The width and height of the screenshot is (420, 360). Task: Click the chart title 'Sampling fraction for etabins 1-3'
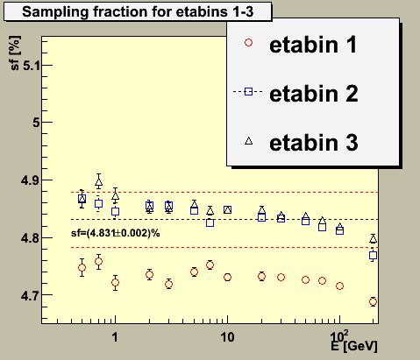pyautogui.click(x=138, y=11)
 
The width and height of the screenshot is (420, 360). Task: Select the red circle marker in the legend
pyautogui.click(x=249, y=43)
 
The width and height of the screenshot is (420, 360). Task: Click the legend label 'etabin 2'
pyautogui.click(x=314, y=94)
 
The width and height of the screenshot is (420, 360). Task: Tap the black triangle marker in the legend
pyautogui.click(x=249, y=141)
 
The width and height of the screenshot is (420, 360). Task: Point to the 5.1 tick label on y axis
pyautogui.click(x=31, y=66)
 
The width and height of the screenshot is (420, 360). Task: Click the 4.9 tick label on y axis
pyautogui.click(x=30, y=180)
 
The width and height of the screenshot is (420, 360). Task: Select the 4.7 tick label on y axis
pyautogui.click(x=30, y=296)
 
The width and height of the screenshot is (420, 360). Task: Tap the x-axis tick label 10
pyautogui.click(x=227, y=337)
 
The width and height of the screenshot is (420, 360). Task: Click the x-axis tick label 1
pyautogui.click(x=115, y=337)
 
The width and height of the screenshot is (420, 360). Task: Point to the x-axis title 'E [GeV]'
pyautogui.click(x=354, y=346)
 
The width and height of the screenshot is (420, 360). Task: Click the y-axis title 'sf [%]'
pyautogui.click(x=15, y=53)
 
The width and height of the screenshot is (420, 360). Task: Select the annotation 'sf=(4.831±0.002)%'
pyautogui.click(x=116, y=233)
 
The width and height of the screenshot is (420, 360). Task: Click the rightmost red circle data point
pyautogui.click(x=373, y=302)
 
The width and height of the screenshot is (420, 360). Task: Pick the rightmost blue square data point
pyautogui.click(x=373, y=256)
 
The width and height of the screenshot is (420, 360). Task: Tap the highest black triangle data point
pyautogui.click(x=99, y=182)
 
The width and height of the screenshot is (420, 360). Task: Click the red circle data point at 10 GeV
pyautogui.click(x=227, y=278)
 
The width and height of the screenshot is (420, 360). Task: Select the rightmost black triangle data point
pyautogui.click(x=373, y=239)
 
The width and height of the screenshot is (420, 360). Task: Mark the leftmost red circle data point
pyautogui.click(x=82, y=268)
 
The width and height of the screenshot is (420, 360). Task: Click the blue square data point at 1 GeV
pyautogui.click(x=116, y=211)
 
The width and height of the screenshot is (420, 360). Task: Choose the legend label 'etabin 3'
pyautogui.click(x=314, y=143)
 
